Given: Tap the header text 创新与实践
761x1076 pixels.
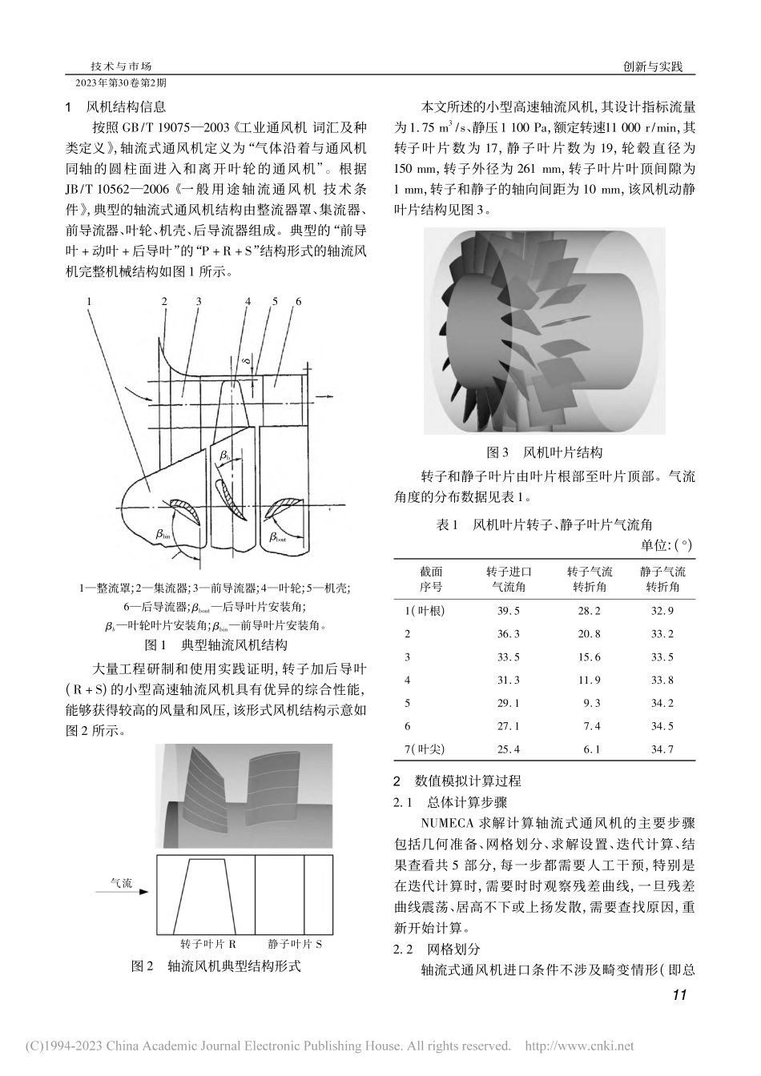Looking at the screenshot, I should [x=652, y=67].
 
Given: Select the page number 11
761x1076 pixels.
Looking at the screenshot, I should [x=679, y=996].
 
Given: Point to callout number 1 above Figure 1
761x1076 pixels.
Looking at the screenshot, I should [x=90, y=301].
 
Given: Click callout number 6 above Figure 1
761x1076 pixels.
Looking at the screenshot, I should [x=298, y=301].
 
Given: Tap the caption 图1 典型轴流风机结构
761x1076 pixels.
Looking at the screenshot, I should [x=214, y=644].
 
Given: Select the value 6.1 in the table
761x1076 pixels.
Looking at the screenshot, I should [x=591, y=749].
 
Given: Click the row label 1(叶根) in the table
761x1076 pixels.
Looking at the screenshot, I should [x=425, y=611].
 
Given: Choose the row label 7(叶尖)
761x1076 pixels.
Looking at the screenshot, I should [x=425, y=749].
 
